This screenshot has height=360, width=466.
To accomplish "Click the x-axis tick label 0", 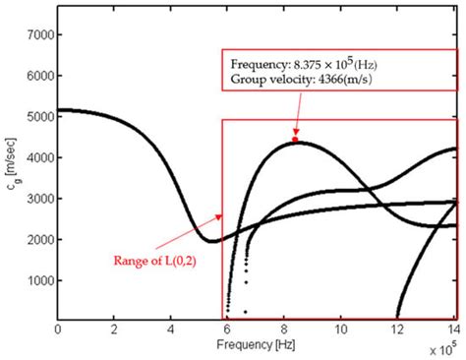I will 58,329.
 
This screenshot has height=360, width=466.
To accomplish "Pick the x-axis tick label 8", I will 285,329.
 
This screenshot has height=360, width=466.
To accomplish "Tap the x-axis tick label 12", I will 398,329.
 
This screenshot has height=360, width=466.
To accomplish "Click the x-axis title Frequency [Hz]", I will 257,345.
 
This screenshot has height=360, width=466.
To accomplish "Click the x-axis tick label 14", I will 453,329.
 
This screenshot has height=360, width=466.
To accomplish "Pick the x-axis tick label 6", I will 228,329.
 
